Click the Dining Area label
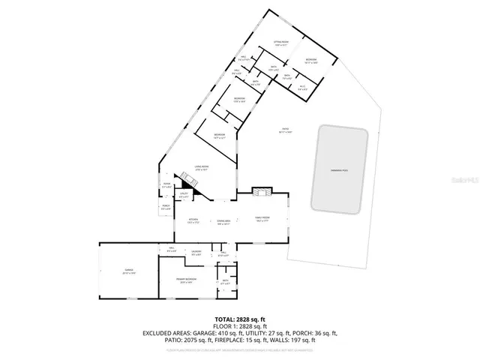tap(223, 221)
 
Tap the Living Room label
tap(201, 169)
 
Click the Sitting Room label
tap(280, 43)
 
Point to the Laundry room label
tap(196, 252)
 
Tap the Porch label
tap(166, 207)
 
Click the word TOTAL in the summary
tap(225, 318)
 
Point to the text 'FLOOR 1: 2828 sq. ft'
tap(239, 325)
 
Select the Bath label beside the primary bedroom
tap(224, 282)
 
